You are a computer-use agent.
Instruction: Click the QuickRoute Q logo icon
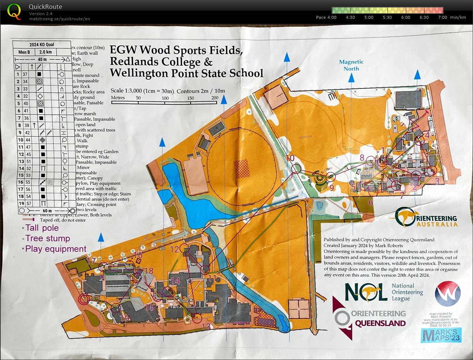tap(14, 11)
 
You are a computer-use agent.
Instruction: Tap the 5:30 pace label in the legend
tap(387, 17)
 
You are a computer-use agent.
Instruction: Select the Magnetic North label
tap(351, 65)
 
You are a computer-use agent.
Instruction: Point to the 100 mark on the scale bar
tap(165, 98)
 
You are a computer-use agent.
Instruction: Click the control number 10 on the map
tap(290, 158)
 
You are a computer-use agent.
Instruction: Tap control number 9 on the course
tap(331, 187)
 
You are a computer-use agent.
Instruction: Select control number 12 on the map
tap(175, 249)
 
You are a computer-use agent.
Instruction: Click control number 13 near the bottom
tap(206, 326)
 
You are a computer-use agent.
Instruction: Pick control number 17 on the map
tap(91, 261)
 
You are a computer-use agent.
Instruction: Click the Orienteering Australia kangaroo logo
tap(406, 217)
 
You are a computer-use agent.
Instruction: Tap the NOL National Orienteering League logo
tap(384, 292)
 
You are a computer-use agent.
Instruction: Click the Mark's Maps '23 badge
tap(441, 335)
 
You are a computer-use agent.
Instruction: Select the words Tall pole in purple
tap(42, 228)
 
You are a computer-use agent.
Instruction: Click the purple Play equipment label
tap(56, 249)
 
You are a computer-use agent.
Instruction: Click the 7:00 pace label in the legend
tap(442, 17)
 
